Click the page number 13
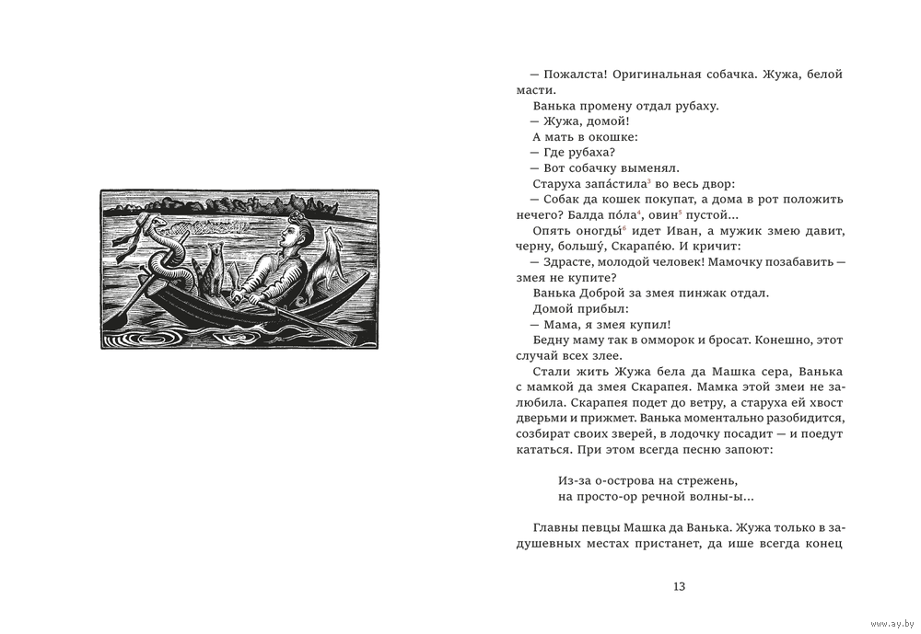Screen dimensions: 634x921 [x=680, y=586]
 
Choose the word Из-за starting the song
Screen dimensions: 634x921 [x=576, y=480]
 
